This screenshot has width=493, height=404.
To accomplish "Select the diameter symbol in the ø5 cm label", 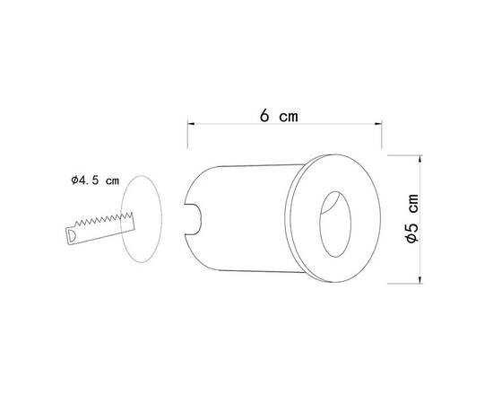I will click(411, 240).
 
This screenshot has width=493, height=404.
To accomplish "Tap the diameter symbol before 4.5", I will click(74, 180).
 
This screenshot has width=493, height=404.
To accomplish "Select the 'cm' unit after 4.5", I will click(112, 180).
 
